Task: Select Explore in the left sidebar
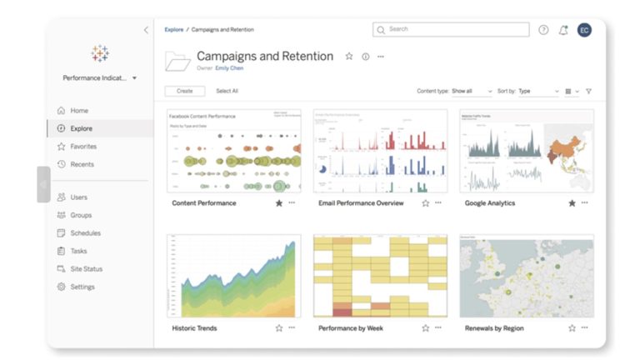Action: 81,128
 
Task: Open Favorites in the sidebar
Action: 83,147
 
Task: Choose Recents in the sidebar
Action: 82,164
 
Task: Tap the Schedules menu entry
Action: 85,233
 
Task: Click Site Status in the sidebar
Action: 87,269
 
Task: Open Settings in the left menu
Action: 82,287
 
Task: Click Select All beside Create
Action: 227,91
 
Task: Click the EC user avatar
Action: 584,30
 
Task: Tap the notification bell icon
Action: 563,30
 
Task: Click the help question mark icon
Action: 543,30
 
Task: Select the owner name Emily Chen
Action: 229,68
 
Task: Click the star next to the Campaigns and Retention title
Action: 349,57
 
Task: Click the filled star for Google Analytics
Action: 572,202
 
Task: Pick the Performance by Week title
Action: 351,328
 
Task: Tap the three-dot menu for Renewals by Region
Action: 584,328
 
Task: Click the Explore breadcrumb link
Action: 174,29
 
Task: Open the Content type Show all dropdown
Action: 471,91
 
